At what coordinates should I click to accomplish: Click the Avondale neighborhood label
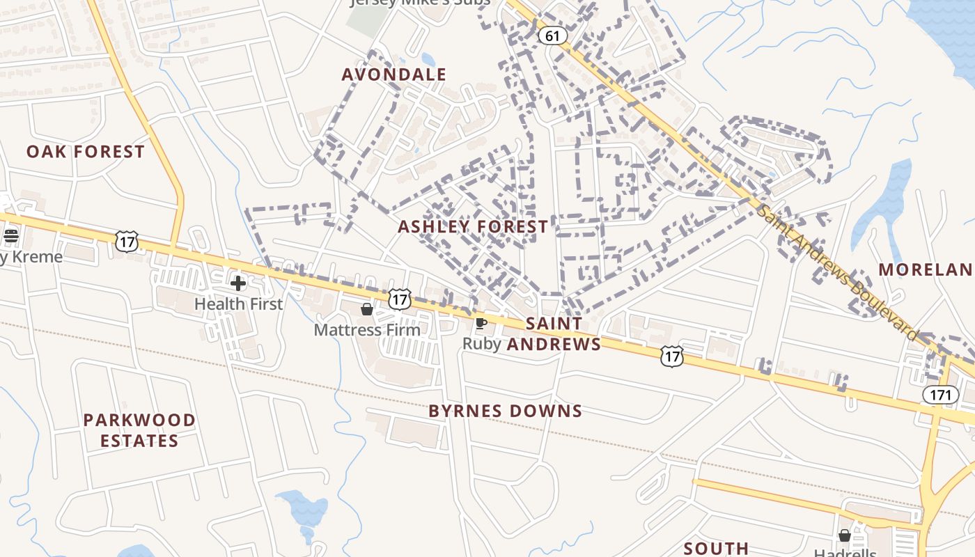(394, 74)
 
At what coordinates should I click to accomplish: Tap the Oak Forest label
(86, 152)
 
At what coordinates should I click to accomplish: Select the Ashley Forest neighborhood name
(473, 227)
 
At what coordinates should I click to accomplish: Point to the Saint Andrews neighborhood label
(554, 334)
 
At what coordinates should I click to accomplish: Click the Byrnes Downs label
(506, 411)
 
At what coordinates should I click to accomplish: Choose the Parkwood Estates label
(139, 430)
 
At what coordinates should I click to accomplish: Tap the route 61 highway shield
(552, 36)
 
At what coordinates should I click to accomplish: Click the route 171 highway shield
(940, 395)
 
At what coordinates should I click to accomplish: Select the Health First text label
(238, 304)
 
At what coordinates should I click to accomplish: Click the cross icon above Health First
(238, 283)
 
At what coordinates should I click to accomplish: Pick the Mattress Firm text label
(367, 329)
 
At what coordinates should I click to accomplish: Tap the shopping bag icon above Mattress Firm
(367, 309)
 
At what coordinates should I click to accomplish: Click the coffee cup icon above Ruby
(480, 323)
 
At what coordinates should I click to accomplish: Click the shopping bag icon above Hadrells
(845, 535)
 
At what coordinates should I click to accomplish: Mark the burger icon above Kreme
(10, 235)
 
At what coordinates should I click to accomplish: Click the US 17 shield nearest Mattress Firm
(399, 299)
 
